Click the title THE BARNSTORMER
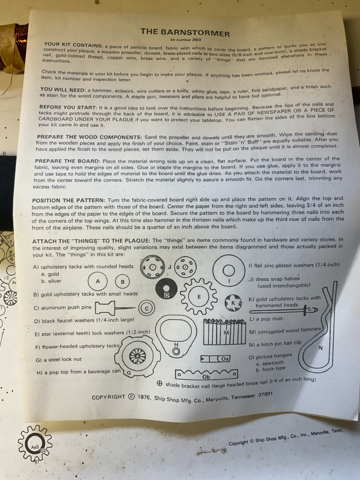(x=185, y=32)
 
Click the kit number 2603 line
(x=186, y=40)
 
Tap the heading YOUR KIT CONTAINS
(x=73, y=45)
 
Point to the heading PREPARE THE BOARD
(x=68, y=161)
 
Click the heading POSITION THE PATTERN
(x=68, y=200)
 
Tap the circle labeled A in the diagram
(x=98, y=281)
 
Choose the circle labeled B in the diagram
(x=123, y=282)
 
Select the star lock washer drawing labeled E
(x=199, y=296)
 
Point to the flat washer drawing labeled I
(x=229, y=271)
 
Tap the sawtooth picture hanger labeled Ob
(x=206, y=374)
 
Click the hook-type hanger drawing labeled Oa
(x=215, y=359)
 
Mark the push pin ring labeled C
(x=147, y=308)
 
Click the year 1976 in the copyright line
(x=144, y=397)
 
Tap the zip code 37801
(x=265, y=394)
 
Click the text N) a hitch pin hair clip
(x=275, y=344)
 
